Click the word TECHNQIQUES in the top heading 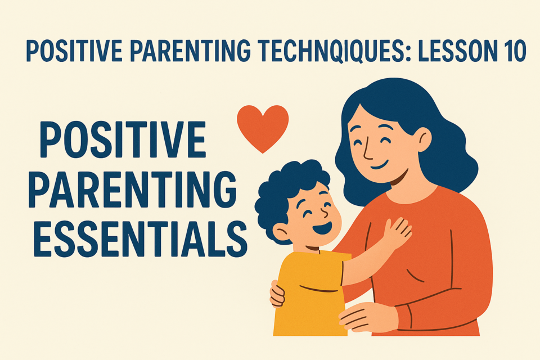point(334,51)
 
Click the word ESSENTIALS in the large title point(140,239)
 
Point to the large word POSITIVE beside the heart point(123,139)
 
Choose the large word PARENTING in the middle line point(133,189)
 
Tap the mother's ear point(424,139)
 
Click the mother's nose point(367,151)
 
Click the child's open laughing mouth point(323,228)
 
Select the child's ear point(281,232)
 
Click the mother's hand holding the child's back point(277,294)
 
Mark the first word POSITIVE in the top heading point(74,51)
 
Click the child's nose point(324,212)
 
